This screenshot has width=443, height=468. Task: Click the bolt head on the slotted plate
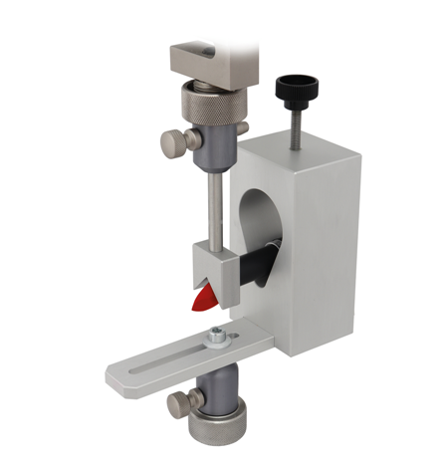[215, 339]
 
